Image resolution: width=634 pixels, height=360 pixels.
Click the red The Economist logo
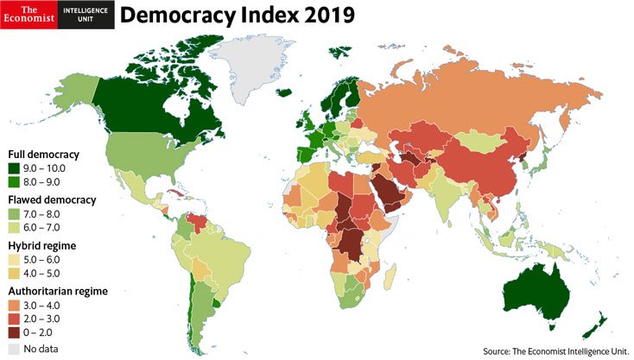tap(29, 15)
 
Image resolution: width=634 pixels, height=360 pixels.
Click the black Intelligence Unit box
tap(86, 15)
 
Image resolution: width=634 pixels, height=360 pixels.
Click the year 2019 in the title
tap(317, 16)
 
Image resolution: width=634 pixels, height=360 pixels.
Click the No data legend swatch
tap(15, 349)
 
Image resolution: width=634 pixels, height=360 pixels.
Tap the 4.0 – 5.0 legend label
tap(46, 275)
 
